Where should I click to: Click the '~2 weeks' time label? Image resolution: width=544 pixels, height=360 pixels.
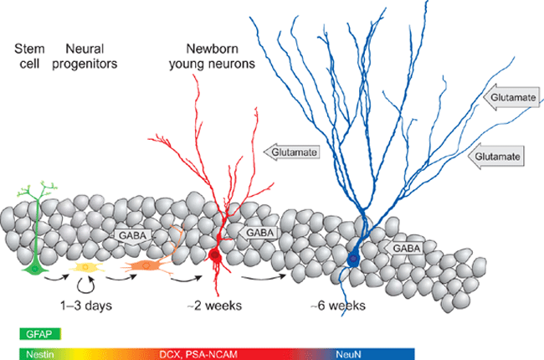pos(215,305)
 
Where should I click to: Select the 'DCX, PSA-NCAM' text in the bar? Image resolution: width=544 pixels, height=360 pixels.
pos(198,354)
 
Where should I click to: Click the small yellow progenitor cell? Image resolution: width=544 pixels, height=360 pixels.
pos(85,267)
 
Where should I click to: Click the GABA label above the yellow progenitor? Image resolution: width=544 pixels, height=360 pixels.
pos(132,235)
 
